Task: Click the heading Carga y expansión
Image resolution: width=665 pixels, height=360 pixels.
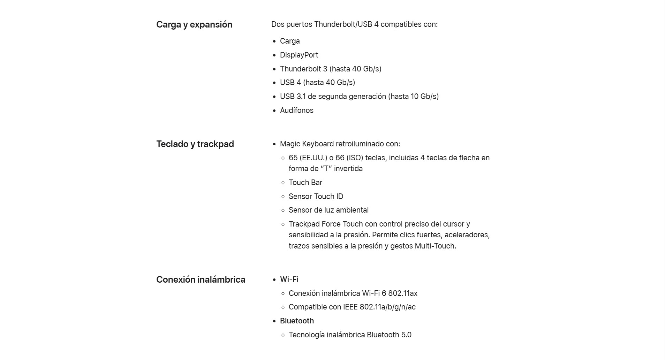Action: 194,25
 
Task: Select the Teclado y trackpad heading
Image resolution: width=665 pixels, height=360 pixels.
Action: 195,144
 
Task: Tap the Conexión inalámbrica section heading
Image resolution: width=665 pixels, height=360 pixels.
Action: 201,280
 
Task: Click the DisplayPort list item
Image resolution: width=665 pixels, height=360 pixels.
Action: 299,55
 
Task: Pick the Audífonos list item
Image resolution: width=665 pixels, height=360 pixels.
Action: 296,110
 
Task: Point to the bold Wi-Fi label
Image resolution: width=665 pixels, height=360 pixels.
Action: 289,279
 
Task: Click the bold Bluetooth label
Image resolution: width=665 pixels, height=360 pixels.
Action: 297,321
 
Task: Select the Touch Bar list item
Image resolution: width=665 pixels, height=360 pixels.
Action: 305,183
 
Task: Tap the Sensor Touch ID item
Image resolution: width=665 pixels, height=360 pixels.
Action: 316,197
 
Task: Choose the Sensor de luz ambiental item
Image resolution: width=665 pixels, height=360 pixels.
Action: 328,210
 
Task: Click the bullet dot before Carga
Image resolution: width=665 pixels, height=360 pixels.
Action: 274,41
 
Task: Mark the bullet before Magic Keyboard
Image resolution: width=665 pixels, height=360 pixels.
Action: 274,144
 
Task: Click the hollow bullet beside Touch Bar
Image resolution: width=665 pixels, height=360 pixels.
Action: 283,183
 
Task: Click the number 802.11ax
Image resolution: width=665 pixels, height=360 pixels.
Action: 402,293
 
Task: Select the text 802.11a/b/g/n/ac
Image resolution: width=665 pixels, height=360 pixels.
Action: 387,307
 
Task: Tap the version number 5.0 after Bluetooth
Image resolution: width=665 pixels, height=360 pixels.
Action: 406,335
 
